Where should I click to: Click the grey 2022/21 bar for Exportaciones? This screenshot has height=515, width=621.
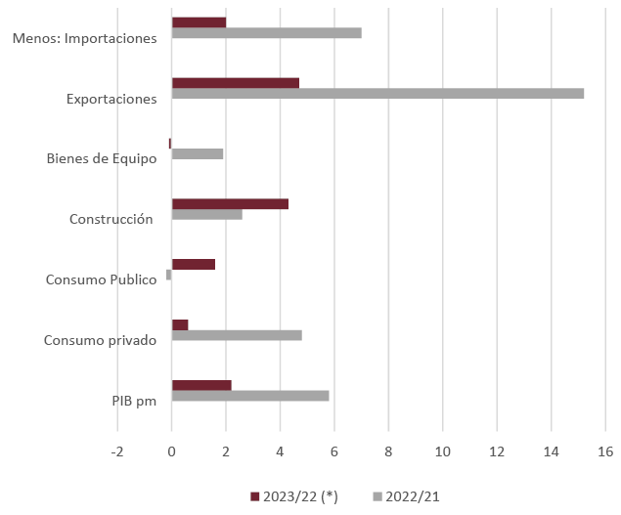pyautogui.click(x=377, y=94)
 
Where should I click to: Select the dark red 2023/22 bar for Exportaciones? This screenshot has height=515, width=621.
pyautogui.click(x=235, y=83)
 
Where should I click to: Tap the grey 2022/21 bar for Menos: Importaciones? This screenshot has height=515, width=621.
pyautogui.click(x=266, y=33)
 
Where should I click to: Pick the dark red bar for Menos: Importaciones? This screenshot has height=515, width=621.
pyautogui.click(x=199, y=22)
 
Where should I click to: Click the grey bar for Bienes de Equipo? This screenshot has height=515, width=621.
pyautogui.click(x=198, y=153)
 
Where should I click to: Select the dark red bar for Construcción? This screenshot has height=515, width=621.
pyautogui.click(x=230, y=203)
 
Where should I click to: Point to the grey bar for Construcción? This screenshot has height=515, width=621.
pyautogui.click(x=207, y=214)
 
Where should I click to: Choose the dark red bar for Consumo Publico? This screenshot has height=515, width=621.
pyautogui.click(x=194, y=264)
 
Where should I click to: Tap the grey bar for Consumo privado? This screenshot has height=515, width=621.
pyautogui.click(x=237, y=335)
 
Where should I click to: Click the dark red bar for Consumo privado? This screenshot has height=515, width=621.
pyautogui.click(x=180, y=324)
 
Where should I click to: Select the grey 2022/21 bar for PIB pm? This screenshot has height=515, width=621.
pyautogui.click(x=250, y=396)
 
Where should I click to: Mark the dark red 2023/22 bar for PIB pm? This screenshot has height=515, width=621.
pyautogui.click(x=201, y=385)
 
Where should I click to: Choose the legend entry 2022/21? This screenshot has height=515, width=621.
pyautogui.click(x=407, y=496)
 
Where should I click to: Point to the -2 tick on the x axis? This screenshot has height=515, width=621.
pyautogui.click(x=117, y=451)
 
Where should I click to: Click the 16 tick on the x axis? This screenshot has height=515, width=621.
pyautogui.click(x=605, y=451)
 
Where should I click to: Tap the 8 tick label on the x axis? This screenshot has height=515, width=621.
pyautogui.click(x=388, y=451)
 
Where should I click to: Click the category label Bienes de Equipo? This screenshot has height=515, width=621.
pyautogui.click(x=102, y=159)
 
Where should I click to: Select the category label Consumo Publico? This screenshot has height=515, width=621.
pyautogui.click(x=102, y=280)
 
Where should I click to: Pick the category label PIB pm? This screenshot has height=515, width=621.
pyautogui.click(x=134, y=401)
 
